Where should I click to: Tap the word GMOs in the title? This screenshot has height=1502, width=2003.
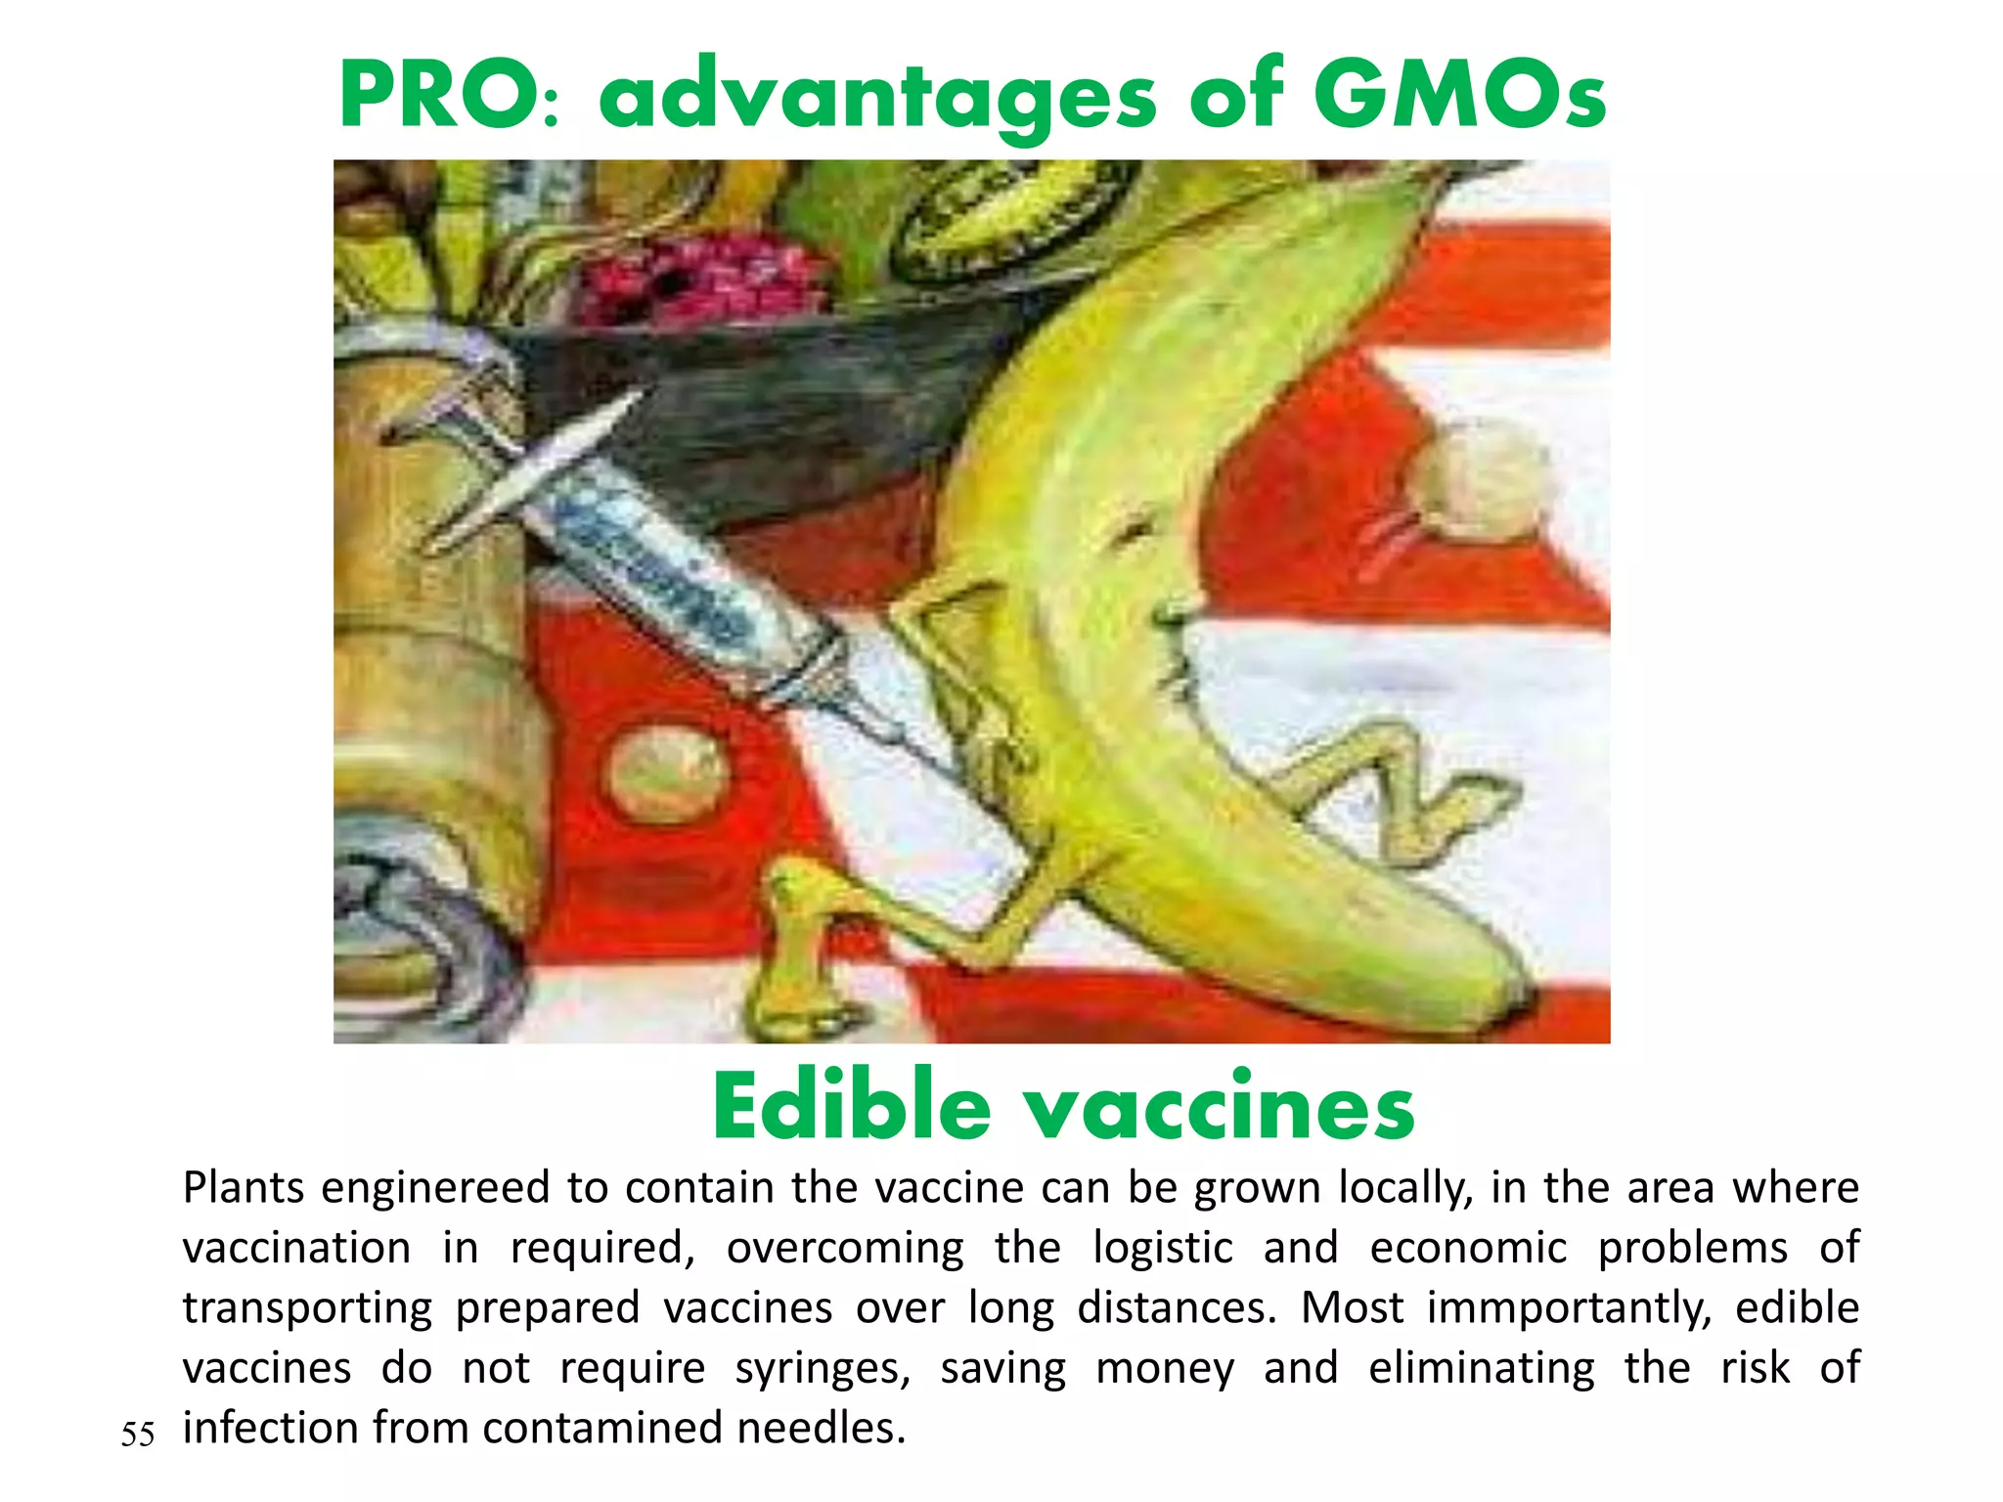click(1458, 96)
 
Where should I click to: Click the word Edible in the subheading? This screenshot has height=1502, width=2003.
click(851, 1107)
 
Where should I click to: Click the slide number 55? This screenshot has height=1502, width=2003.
click(138, 1435)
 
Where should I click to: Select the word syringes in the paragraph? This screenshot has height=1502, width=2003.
click(822, 1368)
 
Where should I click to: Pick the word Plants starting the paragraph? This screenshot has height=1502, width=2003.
click(244, 1188)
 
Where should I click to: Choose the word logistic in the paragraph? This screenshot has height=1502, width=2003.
click(1162, 1248)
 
